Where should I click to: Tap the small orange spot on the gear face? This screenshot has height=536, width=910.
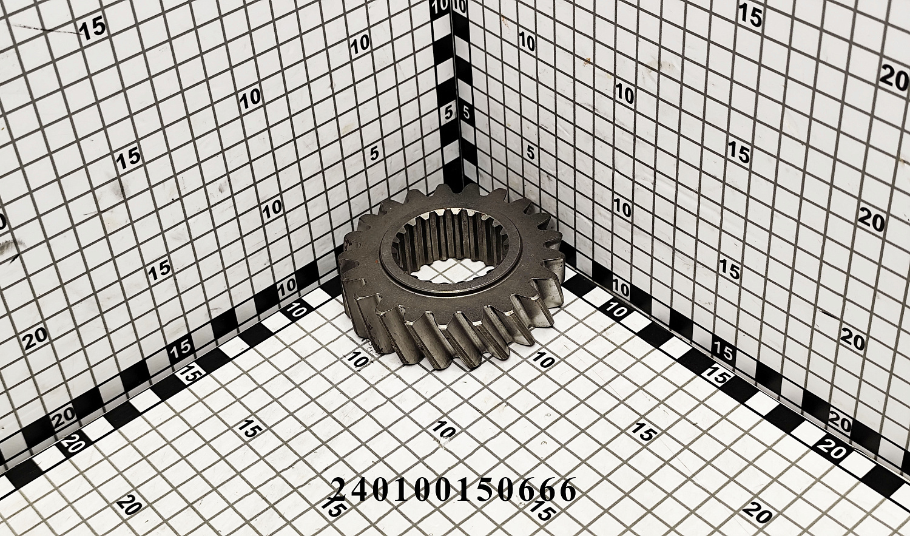pos(380,262)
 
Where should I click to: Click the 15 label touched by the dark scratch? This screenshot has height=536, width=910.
pos(93,29)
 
